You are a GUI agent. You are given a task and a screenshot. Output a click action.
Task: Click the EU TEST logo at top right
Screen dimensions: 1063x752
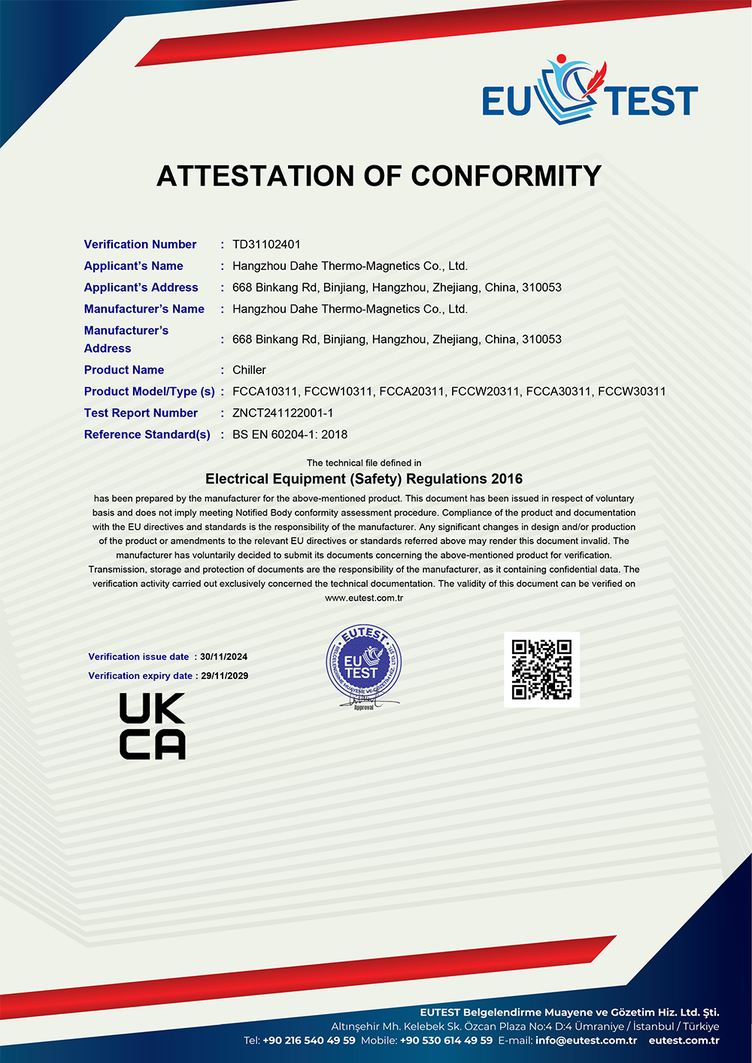(590, 93)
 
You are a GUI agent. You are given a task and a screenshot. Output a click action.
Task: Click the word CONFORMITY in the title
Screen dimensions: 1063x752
(506, 176)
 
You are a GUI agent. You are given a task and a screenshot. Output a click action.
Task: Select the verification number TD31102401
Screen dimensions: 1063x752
(266, 244)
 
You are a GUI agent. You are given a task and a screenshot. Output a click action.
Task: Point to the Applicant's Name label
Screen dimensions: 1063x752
(133, 266)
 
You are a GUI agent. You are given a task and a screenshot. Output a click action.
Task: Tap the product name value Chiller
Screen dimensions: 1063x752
(249, 370)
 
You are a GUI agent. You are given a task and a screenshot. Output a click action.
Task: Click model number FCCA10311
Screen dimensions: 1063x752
(265, 392)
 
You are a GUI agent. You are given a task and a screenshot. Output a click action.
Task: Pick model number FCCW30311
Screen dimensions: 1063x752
(632, 392)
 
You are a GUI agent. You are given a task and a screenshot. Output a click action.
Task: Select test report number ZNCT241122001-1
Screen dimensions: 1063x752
(283, 413)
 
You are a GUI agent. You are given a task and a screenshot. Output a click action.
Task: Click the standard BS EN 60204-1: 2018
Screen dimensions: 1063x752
(290, 435)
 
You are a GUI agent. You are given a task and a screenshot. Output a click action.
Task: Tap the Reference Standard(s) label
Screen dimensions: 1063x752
(147, 435)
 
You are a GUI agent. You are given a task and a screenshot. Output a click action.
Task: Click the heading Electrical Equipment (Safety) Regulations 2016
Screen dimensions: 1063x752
(364, 479)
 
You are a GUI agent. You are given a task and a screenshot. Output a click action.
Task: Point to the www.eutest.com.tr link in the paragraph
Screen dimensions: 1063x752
(364, 598)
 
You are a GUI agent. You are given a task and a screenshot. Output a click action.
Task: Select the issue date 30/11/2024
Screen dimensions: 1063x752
(223, 657)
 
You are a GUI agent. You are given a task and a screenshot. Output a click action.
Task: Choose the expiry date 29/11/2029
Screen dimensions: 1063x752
(224, 676)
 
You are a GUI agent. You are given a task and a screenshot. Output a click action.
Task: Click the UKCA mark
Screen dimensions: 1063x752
(152, 726)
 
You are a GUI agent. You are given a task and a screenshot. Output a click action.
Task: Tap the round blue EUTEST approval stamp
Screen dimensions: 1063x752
(363, 665)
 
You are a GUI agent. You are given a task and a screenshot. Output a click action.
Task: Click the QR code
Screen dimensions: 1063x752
(541, 669)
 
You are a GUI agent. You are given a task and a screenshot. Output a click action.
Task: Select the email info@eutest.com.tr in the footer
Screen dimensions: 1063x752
(586, 1040)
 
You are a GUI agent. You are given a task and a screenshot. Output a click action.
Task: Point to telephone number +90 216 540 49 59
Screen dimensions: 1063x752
(309, 1040)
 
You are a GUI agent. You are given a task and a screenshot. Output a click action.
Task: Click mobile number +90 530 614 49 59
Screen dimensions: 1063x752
(447, 1040)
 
